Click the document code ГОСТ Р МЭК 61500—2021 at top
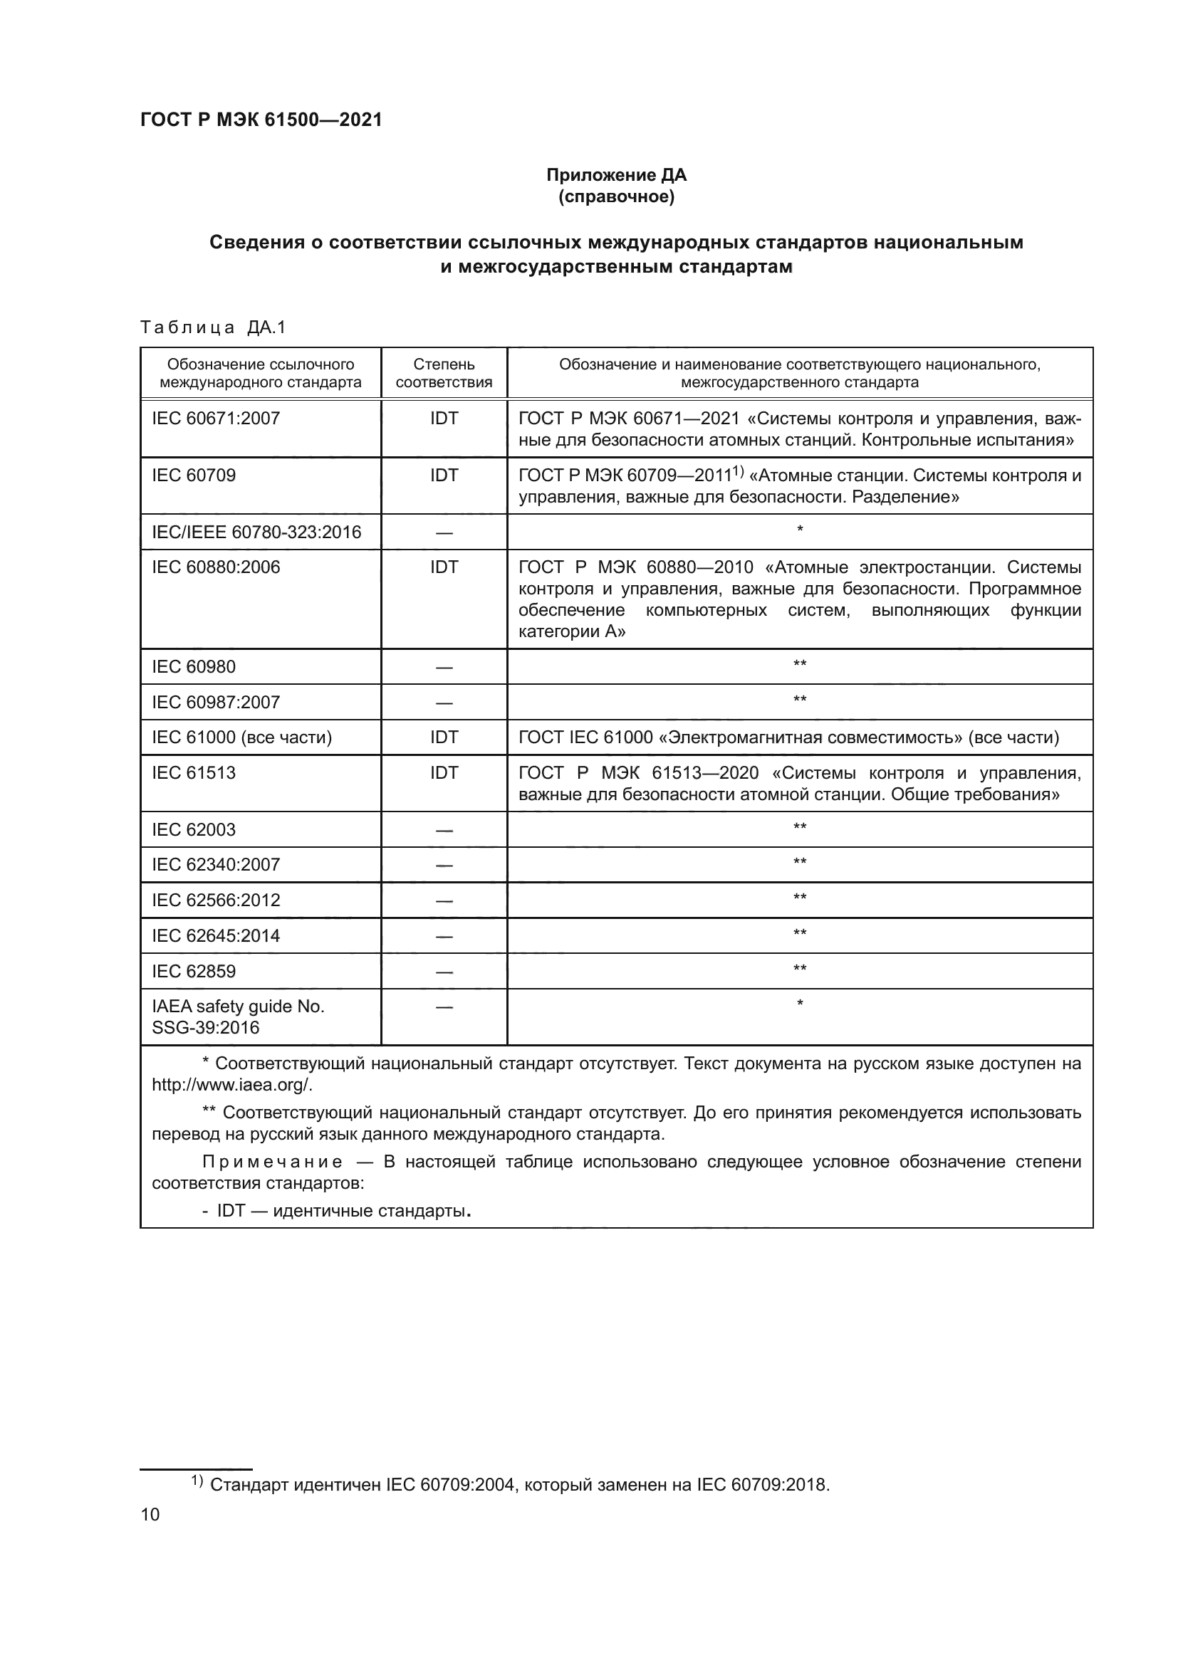[261, 120]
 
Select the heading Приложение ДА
[616, 176]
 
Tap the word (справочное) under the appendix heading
[616, 197]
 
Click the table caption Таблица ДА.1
[213, 327]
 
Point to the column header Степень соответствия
[444, 373]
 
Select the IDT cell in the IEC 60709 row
[444, 476]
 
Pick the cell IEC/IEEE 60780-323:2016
[256, 532]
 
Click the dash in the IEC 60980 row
[444, 667]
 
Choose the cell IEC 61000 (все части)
[241, 737]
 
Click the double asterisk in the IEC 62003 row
[799, 827]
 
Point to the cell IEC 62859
[194, 971]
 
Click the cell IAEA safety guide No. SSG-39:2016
[237, 1017]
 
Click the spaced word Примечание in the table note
[272, 1162]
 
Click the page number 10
[150, 1514]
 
